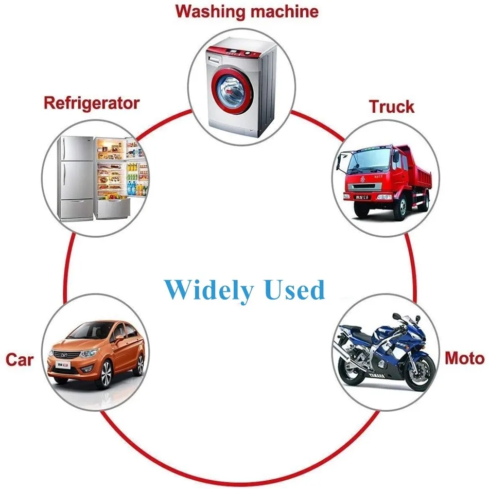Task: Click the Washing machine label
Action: [247, 11]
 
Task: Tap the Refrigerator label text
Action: [91, 102]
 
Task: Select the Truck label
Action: [391, 107]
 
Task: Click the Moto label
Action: [464, 358]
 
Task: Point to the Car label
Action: [19, 359]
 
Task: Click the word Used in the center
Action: [294, 290]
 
